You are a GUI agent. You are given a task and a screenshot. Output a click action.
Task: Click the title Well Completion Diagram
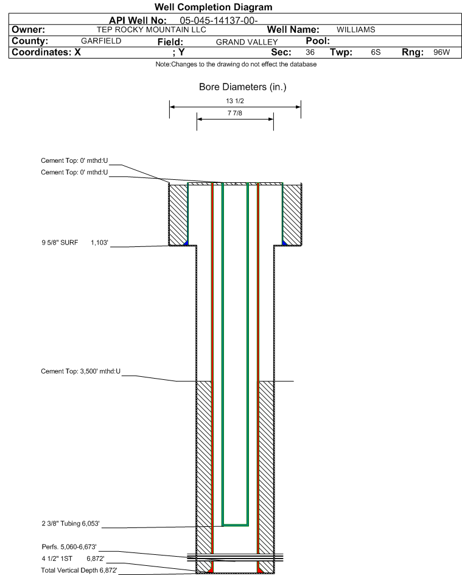click(213, 7)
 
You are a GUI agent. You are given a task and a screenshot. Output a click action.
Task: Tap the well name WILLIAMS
click(355, 29)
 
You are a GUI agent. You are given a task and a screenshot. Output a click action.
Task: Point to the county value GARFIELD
click(101, 41)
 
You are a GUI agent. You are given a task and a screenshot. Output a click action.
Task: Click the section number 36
click(310, 52)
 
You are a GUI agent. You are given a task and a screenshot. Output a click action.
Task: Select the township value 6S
click(376, 52)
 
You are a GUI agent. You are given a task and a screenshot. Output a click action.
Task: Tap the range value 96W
click(441, 52)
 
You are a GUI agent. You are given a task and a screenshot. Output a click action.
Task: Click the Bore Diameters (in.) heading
click(242, 87)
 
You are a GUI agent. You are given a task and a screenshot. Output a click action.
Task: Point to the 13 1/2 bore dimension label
click(235, 101)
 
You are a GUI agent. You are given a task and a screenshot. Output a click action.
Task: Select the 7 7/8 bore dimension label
click(235, 113)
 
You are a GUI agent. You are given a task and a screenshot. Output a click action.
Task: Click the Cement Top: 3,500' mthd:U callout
click(81, 371)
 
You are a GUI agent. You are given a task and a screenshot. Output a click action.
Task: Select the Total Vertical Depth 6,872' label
click(79, 570)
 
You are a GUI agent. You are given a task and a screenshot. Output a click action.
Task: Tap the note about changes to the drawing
click(236, 64)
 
